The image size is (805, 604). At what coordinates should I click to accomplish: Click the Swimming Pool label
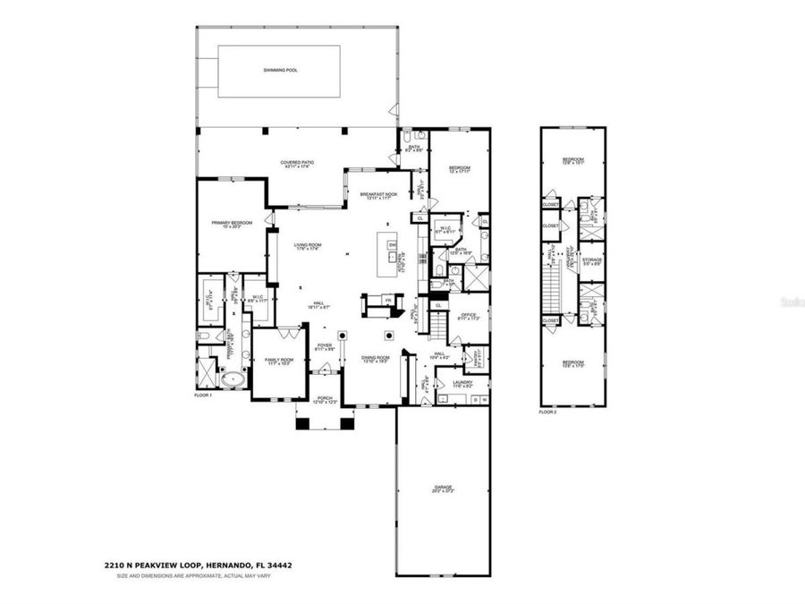click(280, 69)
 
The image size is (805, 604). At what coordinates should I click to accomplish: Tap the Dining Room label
click(374, 359)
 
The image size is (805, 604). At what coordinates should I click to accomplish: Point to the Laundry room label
click(462, 383)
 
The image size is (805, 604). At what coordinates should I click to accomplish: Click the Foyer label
click(323, 347)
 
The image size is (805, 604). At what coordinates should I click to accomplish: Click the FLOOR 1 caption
click(204, 395)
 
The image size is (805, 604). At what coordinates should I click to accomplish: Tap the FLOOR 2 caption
click(548, 413)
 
